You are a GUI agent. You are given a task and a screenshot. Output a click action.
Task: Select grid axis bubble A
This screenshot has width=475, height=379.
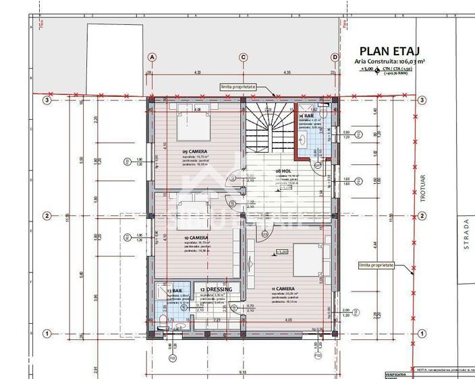(x=152, y=57)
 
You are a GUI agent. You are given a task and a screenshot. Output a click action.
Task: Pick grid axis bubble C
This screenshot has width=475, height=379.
(x=243, y=57)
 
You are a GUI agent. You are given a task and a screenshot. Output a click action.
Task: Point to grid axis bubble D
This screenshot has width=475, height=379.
(x=335, y=57)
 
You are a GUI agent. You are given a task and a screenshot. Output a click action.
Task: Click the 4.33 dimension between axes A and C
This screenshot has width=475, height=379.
(x=197, y=72)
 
